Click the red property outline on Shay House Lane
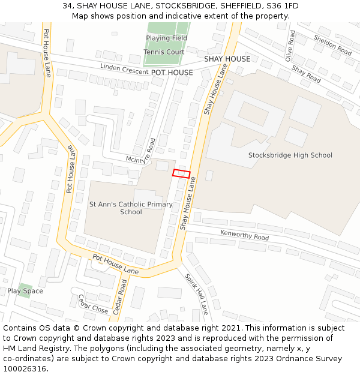click(181, 173)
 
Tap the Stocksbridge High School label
click(290, 155)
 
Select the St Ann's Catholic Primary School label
click(131, 208)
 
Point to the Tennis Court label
click(164, 52)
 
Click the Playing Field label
click(166, 38)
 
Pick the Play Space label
click(25, 291)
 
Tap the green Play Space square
click(25, 290)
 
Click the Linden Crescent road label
click(124, 69)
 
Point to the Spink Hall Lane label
click(196, 294)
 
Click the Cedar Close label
click(93, 308)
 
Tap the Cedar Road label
click(119, 296)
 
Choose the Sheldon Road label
click(332, 45)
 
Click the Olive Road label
click(290, 46)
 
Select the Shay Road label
click(306, 74)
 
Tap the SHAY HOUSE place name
click(227, 59)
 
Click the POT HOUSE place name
click(172, 73)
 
